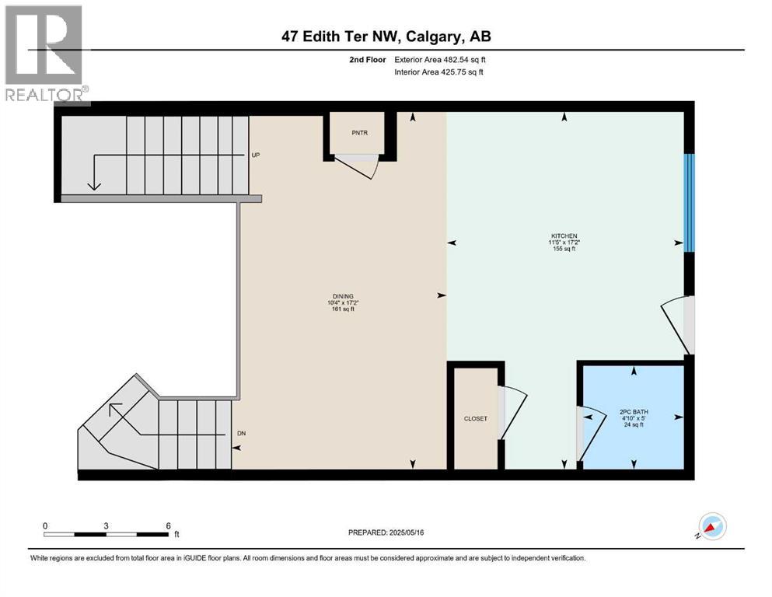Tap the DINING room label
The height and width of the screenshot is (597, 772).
click(x=342, y=296)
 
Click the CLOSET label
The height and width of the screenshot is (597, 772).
click(x=475, y=418)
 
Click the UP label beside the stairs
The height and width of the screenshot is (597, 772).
click(x=256, y=155)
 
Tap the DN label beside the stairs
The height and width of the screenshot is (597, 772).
click(x=241, y=433)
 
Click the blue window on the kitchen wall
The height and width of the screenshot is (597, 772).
click(x=689, y=203)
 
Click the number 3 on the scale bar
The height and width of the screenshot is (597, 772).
click(x=106, y=525)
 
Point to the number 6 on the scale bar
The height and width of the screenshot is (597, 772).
click(x=168, y=525)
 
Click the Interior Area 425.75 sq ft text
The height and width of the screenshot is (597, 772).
click(x=439, y=72)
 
